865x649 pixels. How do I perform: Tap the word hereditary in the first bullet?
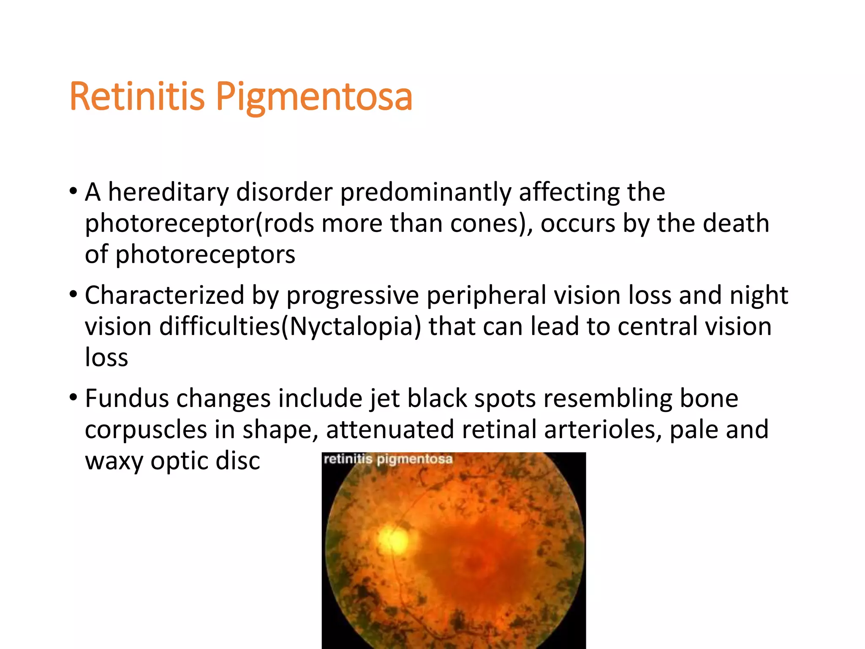168,192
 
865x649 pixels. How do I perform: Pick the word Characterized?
165,295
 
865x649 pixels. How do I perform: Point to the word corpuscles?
146,430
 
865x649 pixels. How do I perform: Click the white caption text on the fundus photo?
388,459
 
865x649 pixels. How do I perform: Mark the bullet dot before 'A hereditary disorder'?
73,191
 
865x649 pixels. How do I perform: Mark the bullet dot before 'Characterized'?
73,294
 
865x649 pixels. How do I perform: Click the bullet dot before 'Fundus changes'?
73,398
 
